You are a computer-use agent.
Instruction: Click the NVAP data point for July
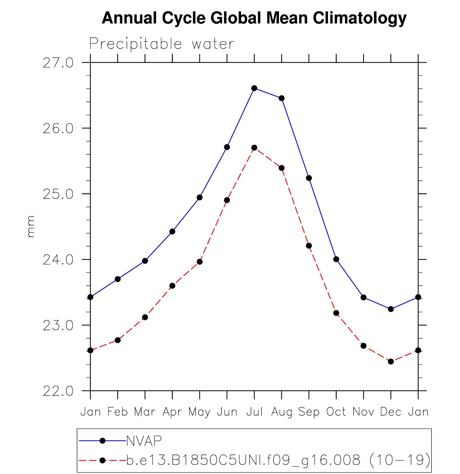(x=254, y=88)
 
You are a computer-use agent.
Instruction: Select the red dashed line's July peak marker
(x=254, y=148)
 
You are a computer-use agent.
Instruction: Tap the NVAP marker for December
(x=391, y=309)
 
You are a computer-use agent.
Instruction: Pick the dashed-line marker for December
(x=391, y=362)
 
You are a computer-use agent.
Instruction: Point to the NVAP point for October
(x=336, y=259)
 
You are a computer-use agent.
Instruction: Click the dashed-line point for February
(x=118, y=340)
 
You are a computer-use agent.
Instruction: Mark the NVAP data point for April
(x=172, y=231)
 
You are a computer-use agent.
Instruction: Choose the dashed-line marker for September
(x=309, y=246)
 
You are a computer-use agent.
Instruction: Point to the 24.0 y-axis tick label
(x=58, y=260)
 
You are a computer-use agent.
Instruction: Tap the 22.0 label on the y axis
(x=58, y=391)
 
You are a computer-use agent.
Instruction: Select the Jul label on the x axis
(x=254, y=412)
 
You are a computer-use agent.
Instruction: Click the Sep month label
(x=309, y=412)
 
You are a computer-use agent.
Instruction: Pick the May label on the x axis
(x=199, y=412)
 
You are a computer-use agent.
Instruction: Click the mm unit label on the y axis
(x=31, y=227)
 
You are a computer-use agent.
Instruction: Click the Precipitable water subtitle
(x=162, y=44)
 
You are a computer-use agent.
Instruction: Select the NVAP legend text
(x=144, y=441)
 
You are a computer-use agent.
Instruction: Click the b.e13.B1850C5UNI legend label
(x=278, y=460)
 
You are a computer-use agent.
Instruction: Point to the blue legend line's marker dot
(x=102, y=441)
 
